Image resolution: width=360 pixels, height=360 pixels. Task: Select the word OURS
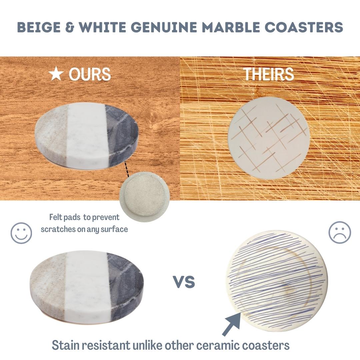click(x=90, y=74)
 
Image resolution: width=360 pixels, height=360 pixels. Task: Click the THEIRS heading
click(x=269, y=74)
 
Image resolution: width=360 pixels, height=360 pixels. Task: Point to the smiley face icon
click(x=21, y=233)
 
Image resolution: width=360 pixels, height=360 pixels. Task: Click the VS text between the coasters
click(x=184, y=282)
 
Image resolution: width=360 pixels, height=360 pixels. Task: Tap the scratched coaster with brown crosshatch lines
click(x=269, y=138)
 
